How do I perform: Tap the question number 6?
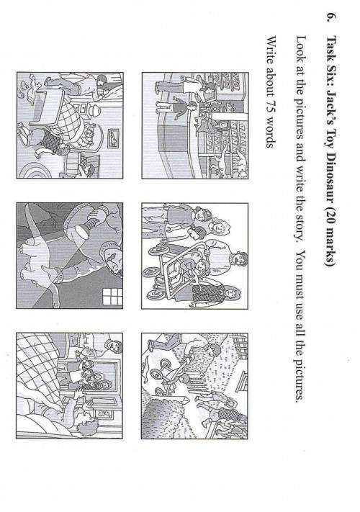coord(331,17)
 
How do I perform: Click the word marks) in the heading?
coord(331,247)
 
